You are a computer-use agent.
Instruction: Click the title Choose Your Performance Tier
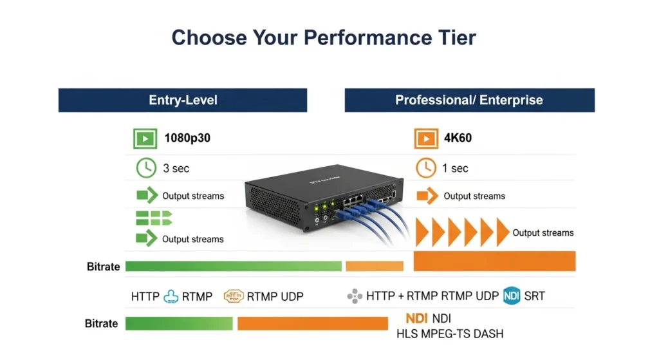coord(324,37)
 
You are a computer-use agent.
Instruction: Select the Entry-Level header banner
coord(183,100)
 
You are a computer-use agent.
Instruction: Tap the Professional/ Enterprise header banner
coord(469,100)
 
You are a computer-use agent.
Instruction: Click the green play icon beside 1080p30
coord(145,138)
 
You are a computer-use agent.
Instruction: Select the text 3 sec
coord(176,169)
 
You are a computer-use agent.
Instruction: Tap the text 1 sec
coord(456,169)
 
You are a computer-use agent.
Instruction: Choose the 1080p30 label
coord(187,138)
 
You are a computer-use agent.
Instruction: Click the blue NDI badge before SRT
coord(512,296)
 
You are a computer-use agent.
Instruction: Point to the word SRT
coord(534,296)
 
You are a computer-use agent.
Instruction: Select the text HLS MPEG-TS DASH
coord(450,334)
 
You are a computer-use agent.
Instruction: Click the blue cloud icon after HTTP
coord(171,296)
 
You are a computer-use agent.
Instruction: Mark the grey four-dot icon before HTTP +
coord(355,297)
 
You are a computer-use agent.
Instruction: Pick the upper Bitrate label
coord(104,267)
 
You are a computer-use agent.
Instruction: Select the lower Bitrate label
coord(102,323)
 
